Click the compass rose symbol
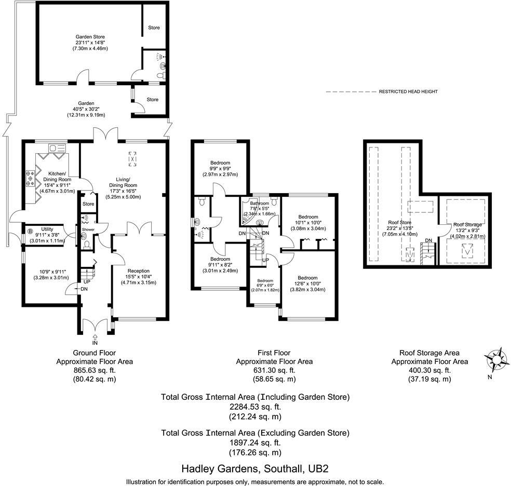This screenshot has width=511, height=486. click(x=497, y=359)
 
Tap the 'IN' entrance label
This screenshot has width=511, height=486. click(x=95, y=343)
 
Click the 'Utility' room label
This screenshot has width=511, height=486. click(x=48, y=229)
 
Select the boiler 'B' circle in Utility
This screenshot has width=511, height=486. click(x=30, y=231)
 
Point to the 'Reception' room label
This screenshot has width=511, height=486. click(x=138, y=271)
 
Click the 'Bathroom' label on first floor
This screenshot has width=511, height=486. click(x=259, y=204)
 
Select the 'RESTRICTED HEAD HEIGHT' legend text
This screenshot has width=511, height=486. click(x=408, y=92)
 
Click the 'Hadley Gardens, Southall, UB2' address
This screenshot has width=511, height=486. click(x=255, y=468)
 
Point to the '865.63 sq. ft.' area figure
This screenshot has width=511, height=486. click(x=95, y=370)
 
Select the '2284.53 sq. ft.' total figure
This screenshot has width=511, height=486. click(x=255, y=407)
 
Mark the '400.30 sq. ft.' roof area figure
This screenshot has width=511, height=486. click(x=429, y=370)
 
